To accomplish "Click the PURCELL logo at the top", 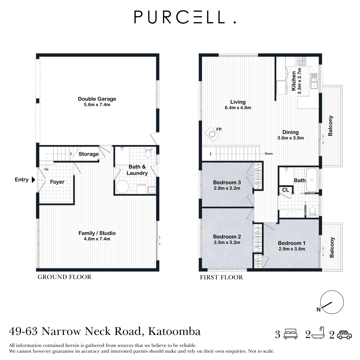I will pos(185,17).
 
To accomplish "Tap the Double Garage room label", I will pos(97,99).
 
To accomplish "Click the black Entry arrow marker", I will pos(33,180).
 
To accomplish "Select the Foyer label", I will pos(57,182).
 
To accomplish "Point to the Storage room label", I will pos(89,154).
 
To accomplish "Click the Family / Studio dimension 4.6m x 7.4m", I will pos(97,239).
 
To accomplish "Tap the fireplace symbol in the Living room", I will pos(212,134).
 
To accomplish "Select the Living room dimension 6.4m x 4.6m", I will pos(238,108).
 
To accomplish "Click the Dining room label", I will pos(290,132).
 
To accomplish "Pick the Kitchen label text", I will pos(294,81).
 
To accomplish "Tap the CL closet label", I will pos(285,190).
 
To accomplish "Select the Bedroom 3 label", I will pos(227,182).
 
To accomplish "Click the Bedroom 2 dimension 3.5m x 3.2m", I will pos(227,242).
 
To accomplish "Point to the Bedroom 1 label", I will pos(292,243).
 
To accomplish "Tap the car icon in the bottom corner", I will pos(344,335).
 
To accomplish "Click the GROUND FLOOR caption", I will pos(64,277).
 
